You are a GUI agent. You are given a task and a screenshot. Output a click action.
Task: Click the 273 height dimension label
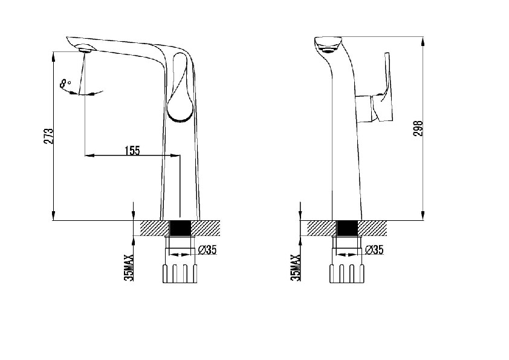(x=49, y=136)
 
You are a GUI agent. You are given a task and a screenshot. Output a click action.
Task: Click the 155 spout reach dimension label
(x=132, y=151)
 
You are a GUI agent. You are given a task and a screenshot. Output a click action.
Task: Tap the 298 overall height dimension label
(x=418, y=128)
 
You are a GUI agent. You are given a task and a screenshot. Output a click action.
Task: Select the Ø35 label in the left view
(x=207, y=250)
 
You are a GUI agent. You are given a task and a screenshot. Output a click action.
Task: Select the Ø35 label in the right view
(x=374, y=249)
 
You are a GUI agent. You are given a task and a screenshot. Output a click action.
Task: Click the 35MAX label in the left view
(x=129, y=267)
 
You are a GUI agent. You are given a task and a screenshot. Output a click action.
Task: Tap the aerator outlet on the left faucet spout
(x=85, y=49)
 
